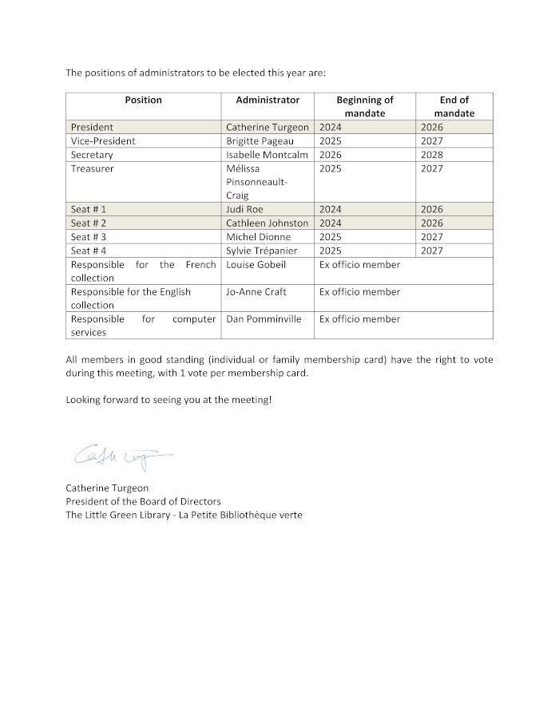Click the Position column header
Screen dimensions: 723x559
click(x=143, y=100)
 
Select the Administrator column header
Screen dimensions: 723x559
click(x=268, y=100)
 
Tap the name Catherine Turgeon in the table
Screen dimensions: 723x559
click(x=267, y=127)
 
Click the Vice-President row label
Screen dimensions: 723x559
click(x=103, y=141)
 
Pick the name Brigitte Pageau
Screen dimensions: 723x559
click(x=260, y=141)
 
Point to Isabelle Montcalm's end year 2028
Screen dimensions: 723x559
click(x=432, y=155)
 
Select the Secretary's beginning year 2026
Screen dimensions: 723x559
click(x=331, y=155)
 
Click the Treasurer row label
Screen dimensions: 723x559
click(x=92, y=168)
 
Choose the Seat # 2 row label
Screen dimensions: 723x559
click(x=89, y=223)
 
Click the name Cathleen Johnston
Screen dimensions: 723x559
click(x=267, y=223)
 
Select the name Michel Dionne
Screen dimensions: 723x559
click(x=258, y=237)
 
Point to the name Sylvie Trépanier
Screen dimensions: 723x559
click(x=261, y=251)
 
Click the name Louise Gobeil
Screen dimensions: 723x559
click(x=256, y=264)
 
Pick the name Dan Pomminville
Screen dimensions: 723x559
click(x=264, y=319)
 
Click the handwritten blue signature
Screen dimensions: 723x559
click(x=121, y=456)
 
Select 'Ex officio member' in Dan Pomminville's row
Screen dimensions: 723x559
click(x=359, y=319)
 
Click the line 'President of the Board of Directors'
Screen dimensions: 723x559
click(x=143, y=501)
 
